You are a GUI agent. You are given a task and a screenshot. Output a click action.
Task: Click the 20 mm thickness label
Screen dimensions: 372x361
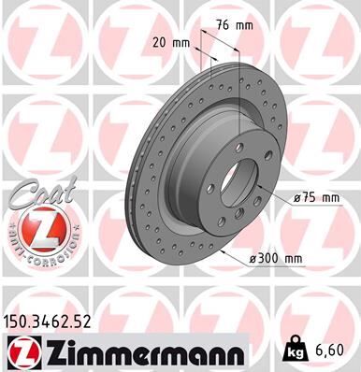tap(170, 43)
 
